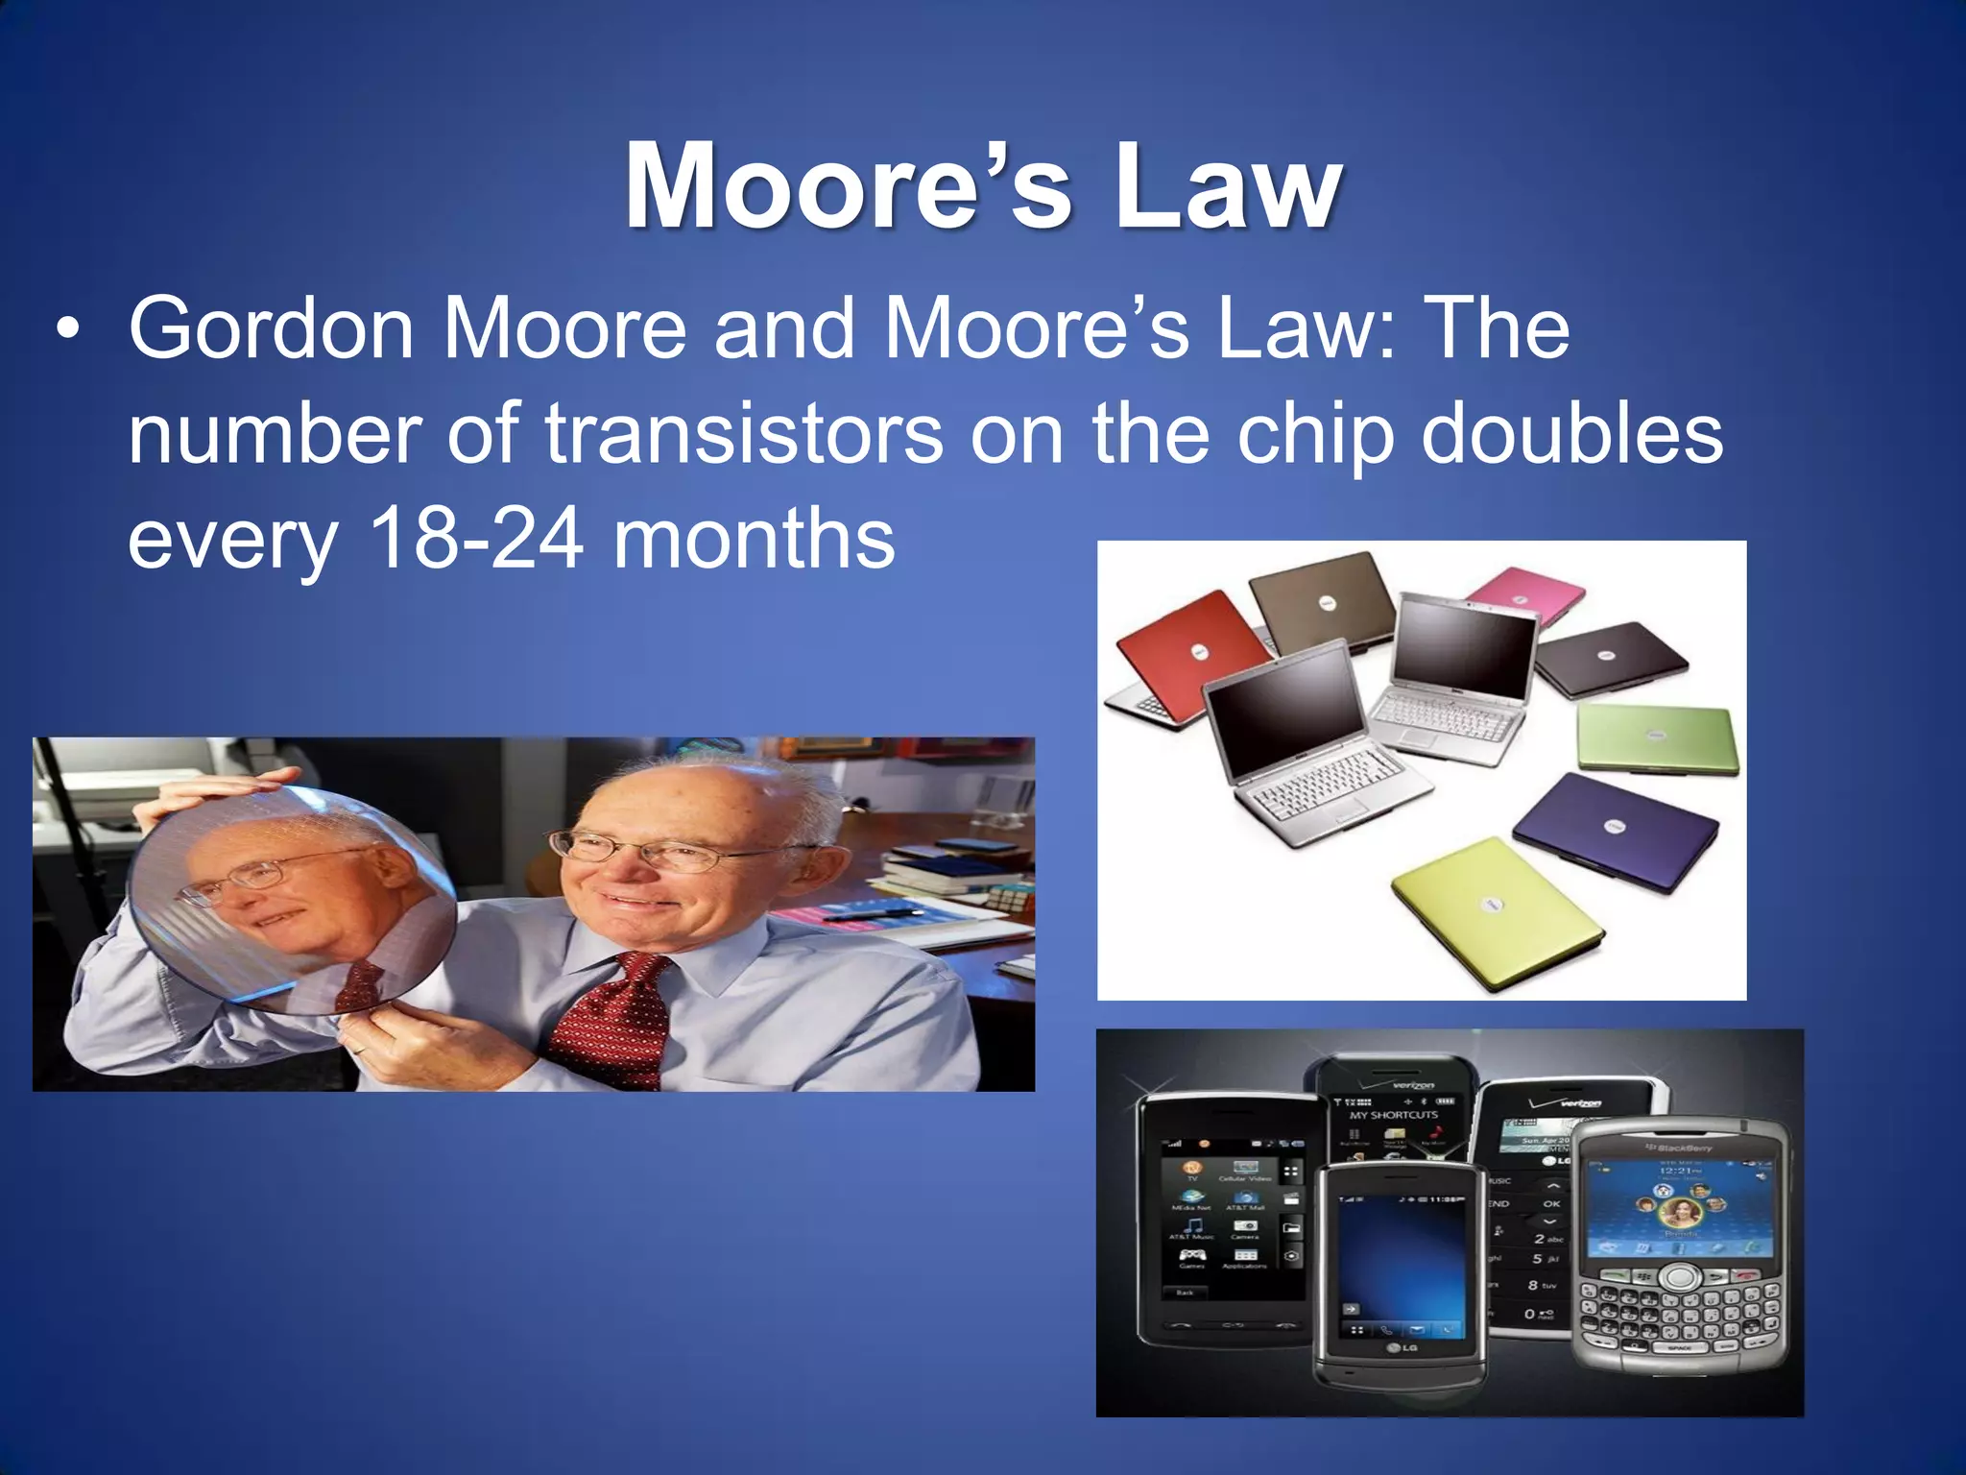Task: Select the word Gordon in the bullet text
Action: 272,328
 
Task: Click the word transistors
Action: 744,434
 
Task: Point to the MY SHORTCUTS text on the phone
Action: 1393,1115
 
